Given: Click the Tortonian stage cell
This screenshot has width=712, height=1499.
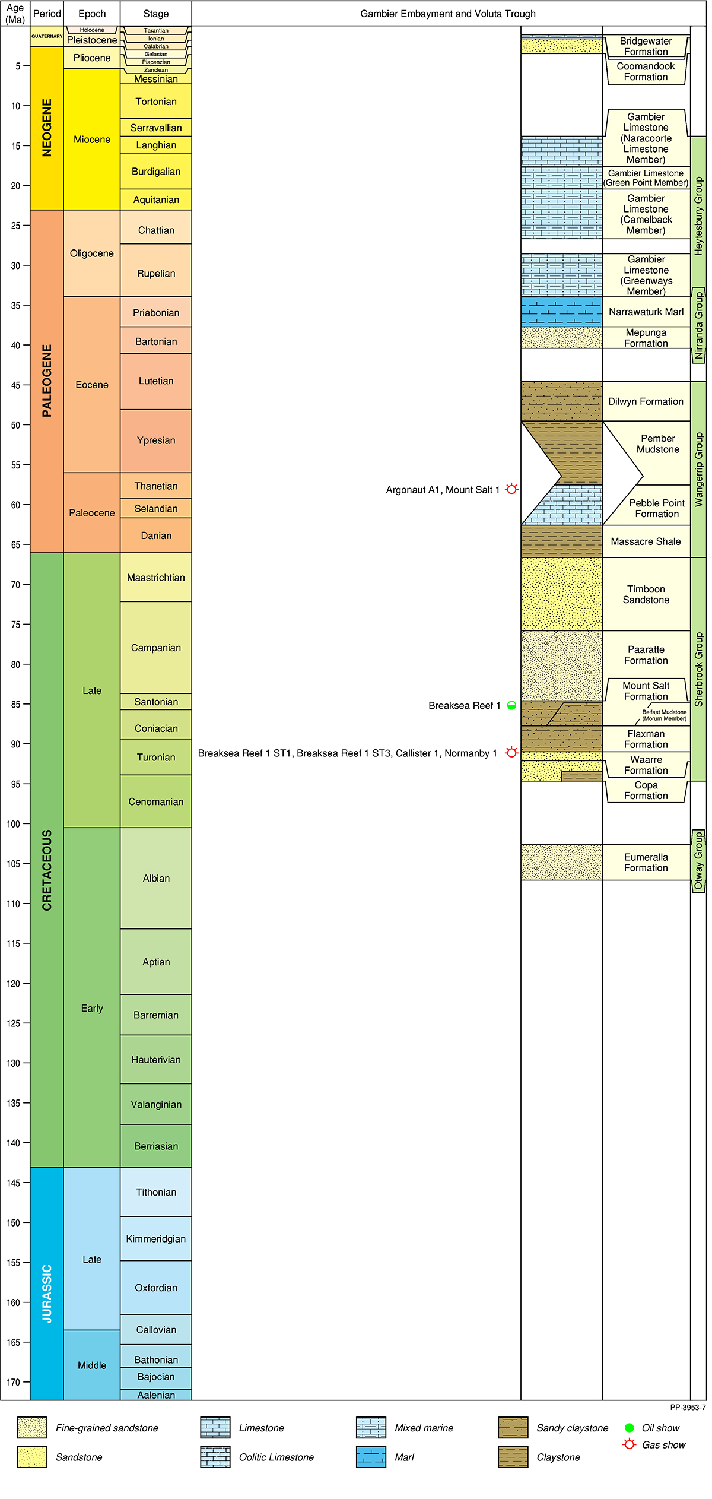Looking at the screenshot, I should click(155, 102).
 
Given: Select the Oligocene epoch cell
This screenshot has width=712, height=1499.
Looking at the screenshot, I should click(91, 253).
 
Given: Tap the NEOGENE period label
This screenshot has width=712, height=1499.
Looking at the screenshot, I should click(47, 128).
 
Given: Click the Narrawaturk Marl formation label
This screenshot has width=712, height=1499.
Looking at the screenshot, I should click(646, 312).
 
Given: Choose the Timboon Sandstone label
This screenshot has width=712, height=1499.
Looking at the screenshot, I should click(646, 594).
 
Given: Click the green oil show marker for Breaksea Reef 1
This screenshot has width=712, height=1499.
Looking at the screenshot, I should click(511, 705).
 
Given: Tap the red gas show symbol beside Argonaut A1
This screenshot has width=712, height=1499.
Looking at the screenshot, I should click(511, 489).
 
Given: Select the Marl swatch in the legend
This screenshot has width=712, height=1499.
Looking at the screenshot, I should click(371, 1457).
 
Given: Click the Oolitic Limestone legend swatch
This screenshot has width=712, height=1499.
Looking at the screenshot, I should click(215, 1457).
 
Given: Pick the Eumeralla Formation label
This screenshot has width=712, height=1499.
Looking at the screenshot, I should click(646, 862).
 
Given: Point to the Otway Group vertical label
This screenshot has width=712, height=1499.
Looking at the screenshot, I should click(698, 861).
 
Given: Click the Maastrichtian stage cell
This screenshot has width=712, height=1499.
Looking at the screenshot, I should click(155, 578).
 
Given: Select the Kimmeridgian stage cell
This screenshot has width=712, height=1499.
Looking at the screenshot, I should click(155, 1239).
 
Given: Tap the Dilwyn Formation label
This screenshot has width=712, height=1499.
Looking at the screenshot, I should click(646, 401).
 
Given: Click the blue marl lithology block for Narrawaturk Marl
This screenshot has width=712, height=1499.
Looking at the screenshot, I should click(561, 311).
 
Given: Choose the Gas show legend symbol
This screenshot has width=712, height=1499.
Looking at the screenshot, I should click(630, 1444).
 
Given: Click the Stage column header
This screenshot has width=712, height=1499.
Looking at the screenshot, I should click(155, 14).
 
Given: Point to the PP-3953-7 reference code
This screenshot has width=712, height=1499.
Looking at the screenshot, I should click(688, 1407).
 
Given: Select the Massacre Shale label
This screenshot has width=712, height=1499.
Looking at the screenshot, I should click(646, 541).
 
